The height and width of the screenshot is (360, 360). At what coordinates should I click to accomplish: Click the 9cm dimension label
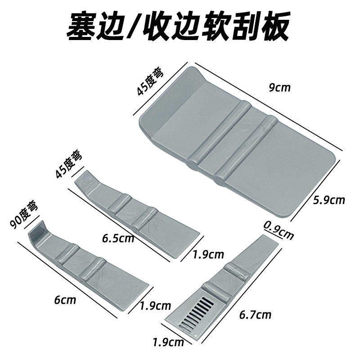pos(279,87)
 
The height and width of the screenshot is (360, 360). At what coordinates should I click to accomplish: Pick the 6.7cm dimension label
pos(256,314)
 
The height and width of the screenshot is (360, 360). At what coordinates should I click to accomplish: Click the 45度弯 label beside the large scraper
pos(149,81)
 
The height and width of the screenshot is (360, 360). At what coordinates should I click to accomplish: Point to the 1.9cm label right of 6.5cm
pos(208,254)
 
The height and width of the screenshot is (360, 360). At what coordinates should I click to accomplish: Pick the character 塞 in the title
pos(83,27)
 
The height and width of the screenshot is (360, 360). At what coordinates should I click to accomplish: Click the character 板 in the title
pos(275,27)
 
